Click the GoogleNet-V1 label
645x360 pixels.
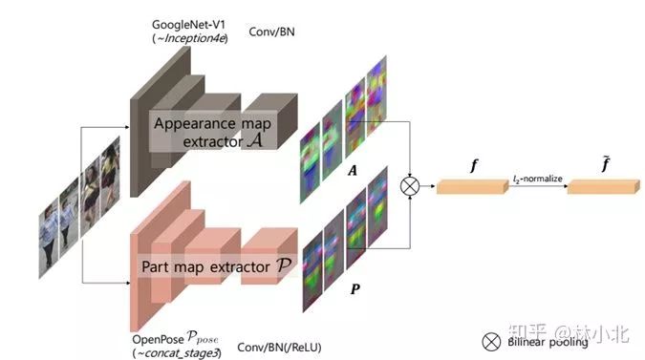[x=189, y=22]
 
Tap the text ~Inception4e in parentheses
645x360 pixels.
[x=189, y=38]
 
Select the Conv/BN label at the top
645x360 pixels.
[x=273, y=31]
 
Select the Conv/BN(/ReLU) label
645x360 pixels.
[x=279, y=348]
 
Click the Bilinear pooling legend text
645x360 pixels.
[x=549, y=340]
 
